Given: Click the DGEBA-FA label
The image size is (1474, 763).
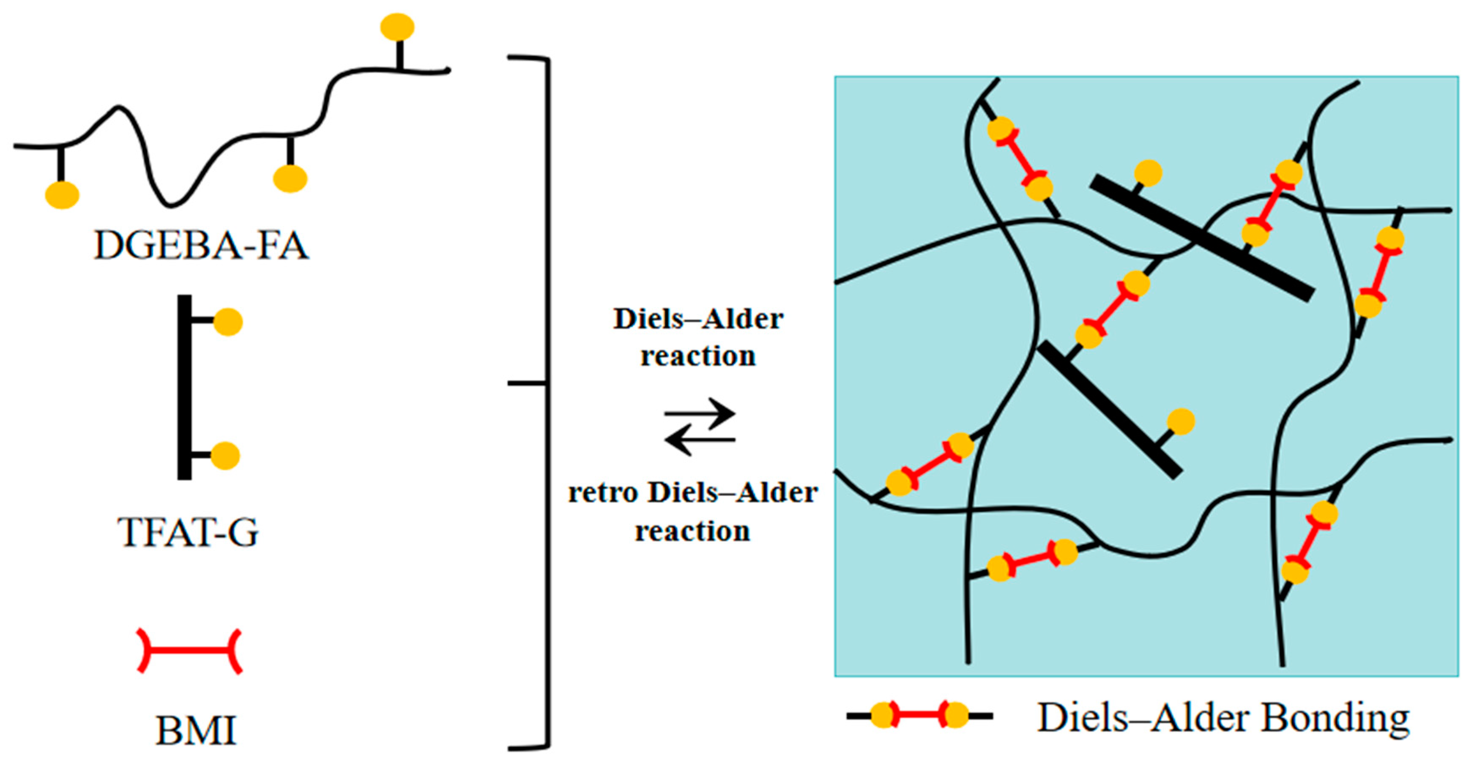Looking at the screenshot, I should [201, 246].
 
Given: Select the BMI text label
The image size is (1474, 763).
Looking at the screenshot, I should [196, 730].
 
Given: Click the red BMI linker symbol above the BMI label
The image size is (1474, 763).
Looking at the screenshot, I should [189, 650].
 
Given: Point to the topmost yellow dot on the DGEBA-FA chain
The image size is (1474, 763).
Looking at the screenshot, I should [397, 27].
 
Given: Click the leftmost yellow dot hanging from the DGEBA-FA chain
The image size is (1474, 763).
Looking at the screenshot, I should [62, 195].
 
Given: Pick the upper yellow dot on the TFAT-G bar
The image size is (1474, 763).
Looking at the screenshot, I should [228, 322].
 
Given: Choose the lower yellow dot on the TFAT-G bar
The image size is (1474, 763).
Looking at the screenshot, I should [225, 456].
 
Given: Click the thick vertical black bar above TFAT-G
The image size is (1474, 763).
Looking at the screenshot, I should [184, 387].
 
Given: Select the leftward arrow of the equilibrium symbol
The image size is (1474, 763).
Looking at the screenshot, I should [699, 440].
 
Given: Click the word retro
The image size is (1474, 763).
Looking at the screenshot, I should [603, 493].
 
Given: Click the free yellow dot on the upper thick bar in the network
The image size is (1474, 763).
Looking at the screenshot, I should [1148, 172].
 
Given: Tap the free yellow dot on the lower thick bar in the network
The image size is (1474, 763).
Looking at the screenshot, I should [1181, 422].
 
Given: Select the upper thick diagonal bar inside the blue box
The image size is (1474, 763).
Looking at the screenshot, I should [1202, 238].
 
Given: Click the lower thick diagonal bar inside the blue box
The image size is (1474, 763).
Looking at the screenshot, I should [1110, 410].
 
